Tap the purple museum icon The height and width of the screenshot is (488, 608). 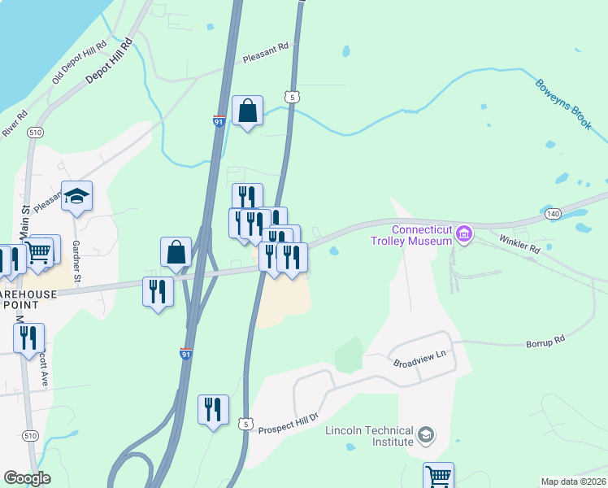click(x=464, y=235)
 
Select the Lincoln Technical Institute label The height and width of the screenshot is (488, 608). click(x=370, y=436)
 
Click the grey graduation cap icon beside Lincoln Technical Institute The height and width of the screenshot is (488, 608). click(x=426, y=436)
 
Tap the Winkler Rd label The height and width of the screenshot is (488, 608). click(x=519, y=243)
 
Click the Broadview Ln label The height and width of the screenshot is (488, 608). click(x=420, y=360)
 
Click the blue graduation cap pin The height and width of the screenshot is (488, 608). click(x=77, y=196)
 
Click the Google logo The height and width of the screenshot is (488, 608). click(x=27, y=478)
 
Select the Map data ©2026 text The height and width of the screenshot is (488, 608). click(x=574, y=481)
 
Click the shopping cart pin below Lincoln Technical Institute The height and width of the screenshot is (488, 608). click(x=438, y=475)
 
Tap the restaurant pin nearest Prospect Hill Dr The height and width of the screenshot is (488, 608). click(x=213, y=409)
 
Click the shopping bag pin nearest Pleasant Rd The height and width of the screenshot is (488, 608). click(x=247, y=111)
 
